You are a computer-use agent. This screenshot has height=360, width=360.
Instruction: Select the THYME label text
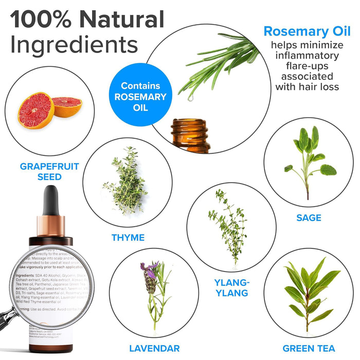(x=128, y=238)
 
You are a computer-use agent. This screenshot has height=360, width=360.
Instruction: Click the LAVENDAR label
(x=154, y=349)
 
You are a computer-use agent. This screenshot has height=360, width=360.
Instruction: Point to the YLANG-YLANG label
(x=231, y=287)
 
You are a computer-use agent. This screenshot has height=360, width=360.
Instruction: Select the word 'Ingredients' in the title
(x=74, y=45)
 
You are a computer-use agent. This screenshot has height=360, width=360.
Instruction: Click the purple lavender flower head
(x=150, y=278)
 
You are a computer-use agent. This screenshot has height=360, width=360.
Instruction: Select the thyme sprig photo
(x=125, y=180)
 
